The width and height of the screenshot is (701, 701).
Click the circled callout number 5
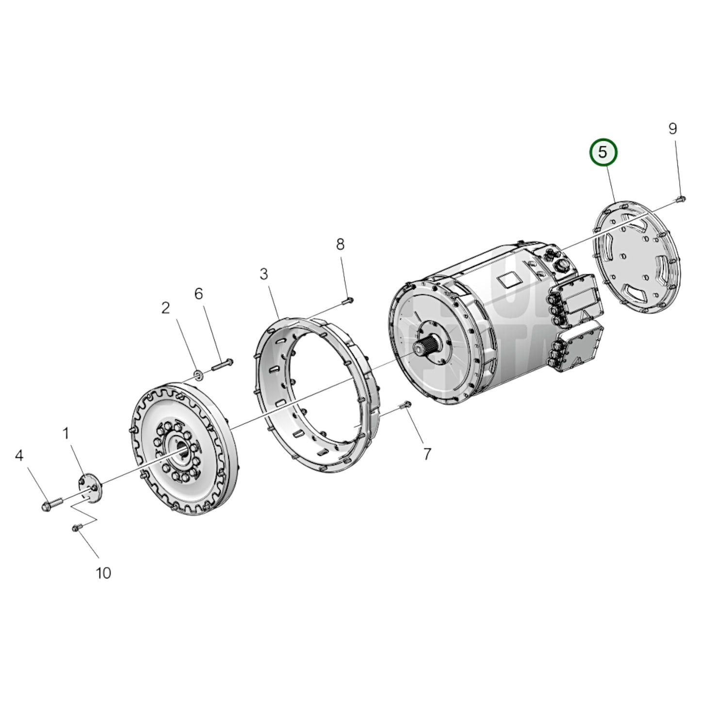603,152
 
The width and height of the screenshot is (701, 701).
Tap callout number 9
672,129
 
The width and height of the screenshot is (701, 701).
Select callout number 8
340,244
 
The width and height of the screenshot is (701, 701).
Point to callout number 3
263,274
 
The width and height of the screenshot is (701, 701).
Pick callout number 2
166,308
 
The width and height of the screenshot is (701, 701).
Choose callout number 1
66,433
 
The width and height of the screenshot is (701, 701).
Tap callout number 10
103,573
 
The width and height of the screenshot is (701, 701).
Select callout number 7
427,454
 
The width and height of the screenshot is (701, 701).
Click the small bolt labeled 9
680,199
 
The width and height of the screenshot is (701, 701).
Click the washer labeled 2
198,374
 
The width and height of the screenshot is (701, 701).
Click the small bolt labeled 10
76,527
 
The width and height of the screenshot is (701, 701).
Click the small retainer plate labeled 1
89,489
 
